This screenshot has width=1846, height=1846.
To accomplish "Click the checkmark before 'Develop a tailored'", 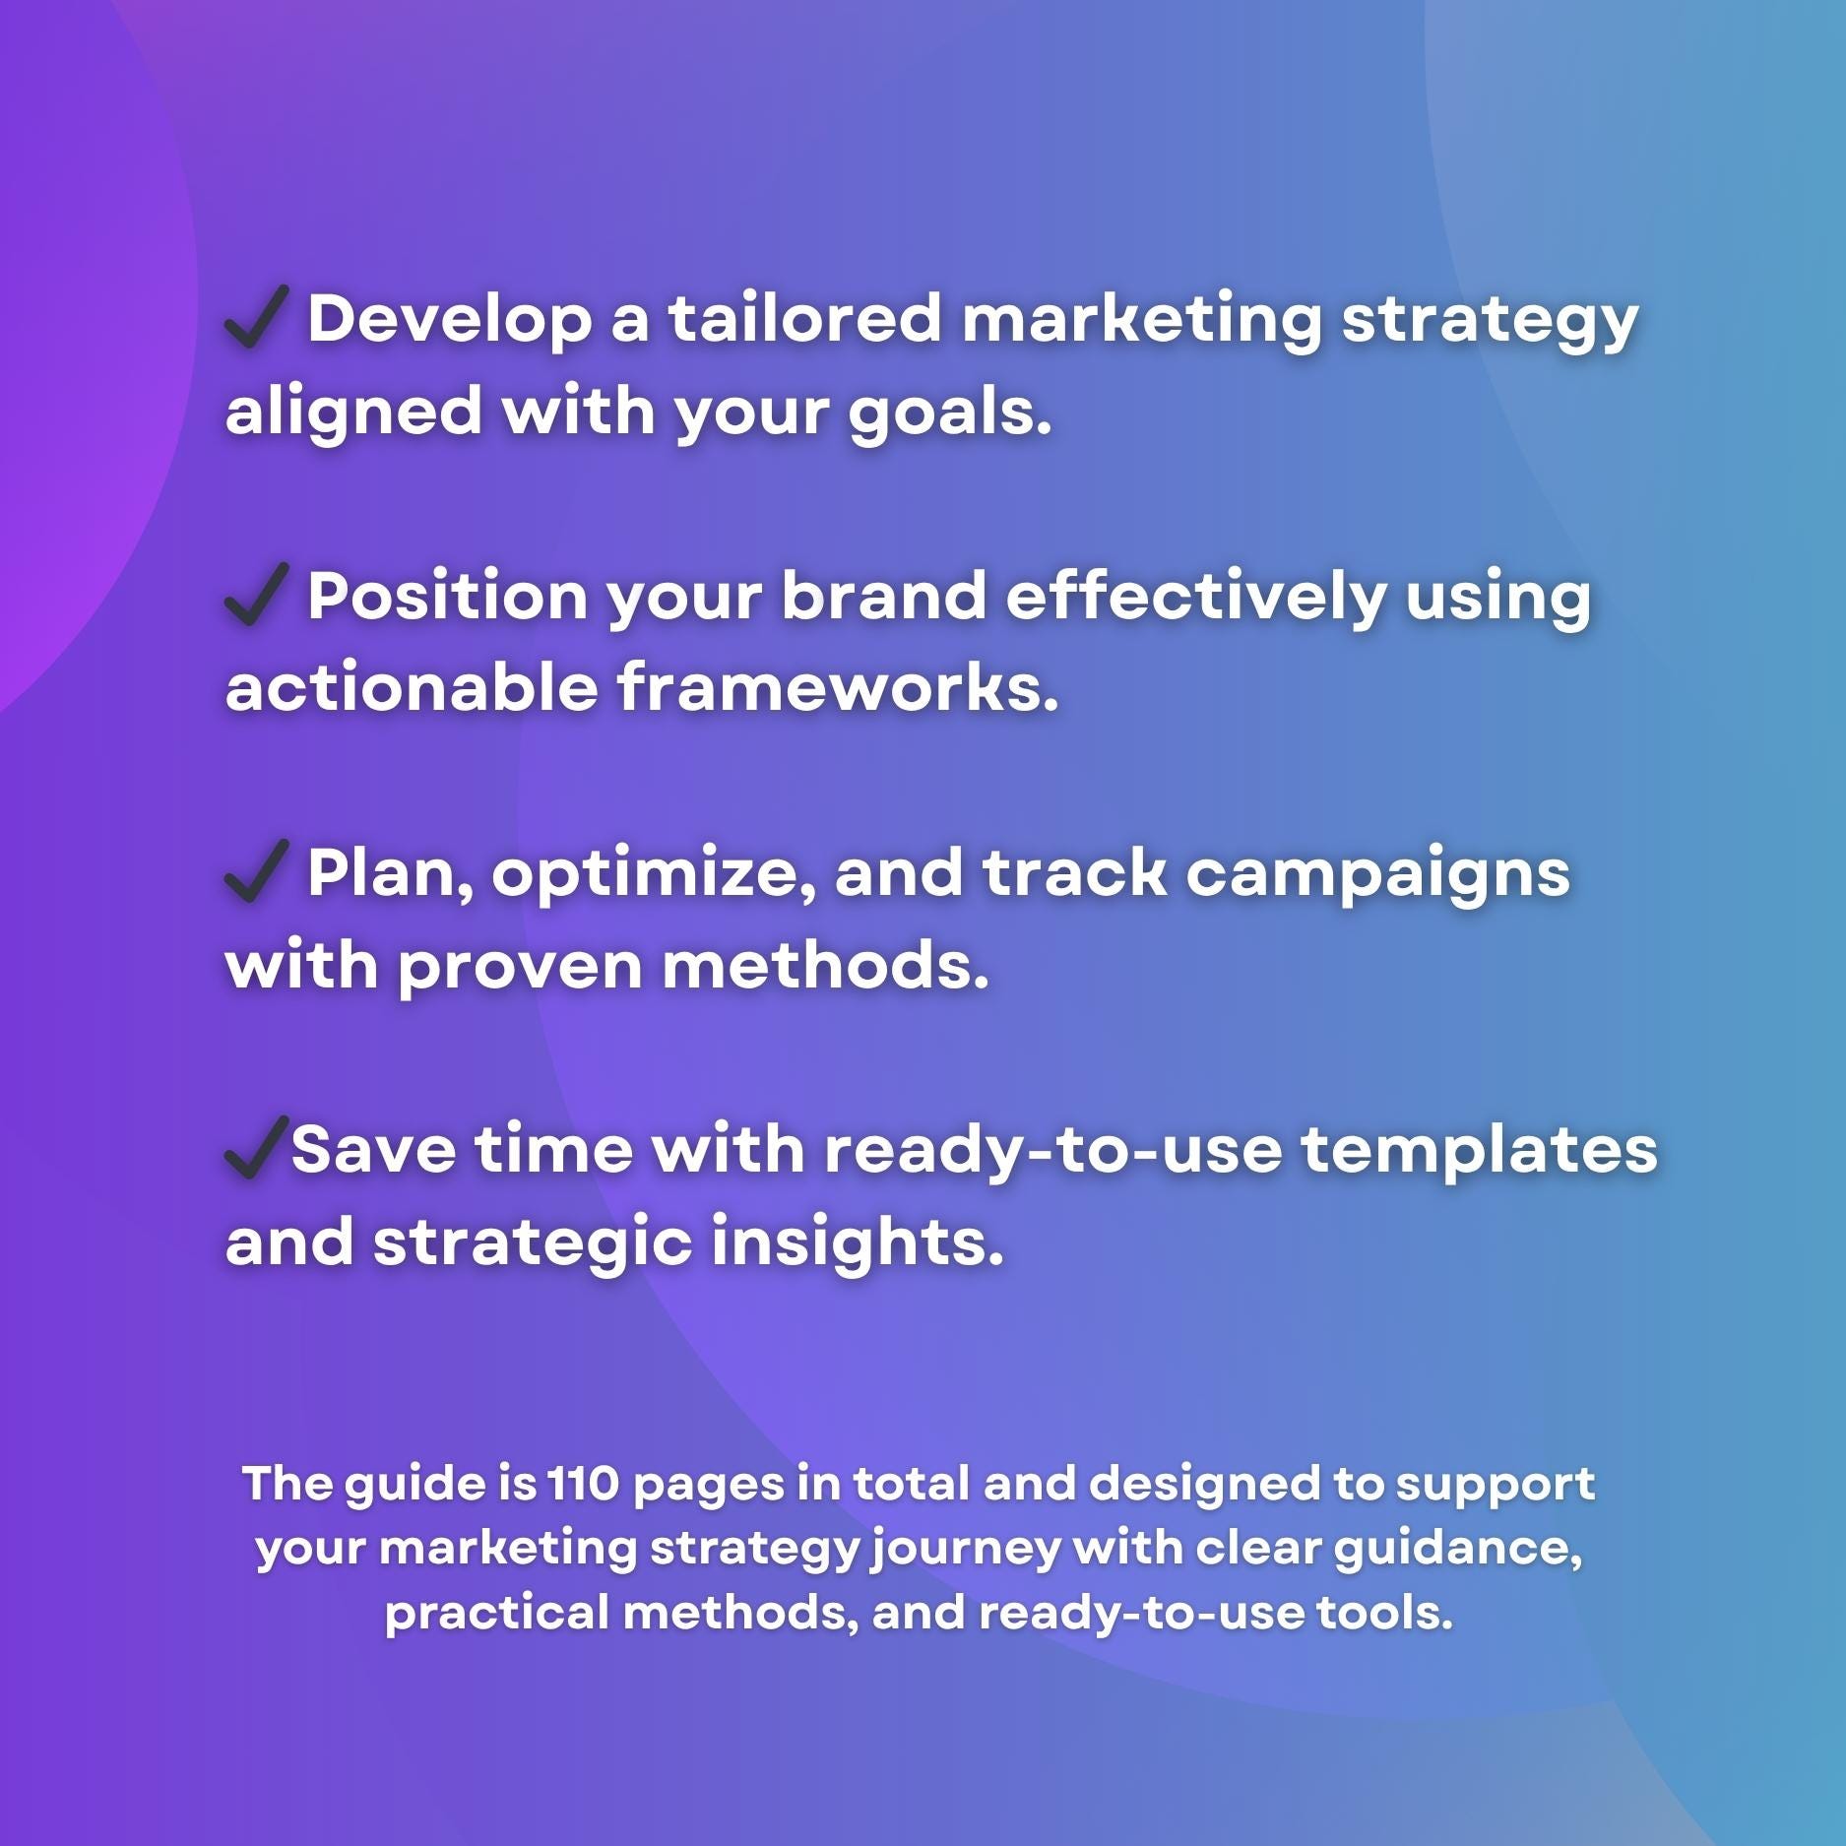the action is pos(256,317).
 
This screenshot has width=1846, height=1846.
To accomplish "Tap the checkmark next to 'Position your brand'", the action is pos(256,595).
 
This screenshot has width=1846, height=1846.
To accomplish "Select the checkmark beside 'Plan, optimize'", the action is pos(256,871).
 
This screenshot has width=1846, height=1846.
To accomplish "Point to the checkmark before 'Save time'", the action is pos(256,1148).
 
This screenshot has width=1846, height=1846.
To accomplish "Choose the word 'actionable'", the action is pos(411,686).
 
